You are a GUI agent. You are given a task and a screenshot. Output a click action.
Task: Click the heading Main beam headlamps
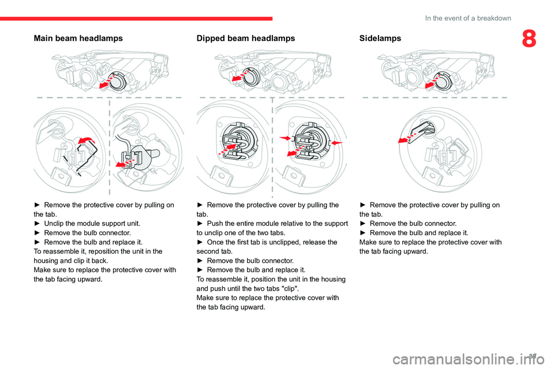[78, 39]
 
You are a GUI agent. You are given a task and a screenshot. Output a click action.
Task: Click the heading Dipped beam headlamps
[245, 39]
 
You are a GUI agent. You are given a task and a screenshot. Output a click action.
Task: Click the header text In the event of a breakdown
[467, 18]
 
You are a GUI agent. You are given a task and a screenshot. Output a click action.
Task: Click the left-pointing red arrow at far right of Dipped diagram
[337, 141]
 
